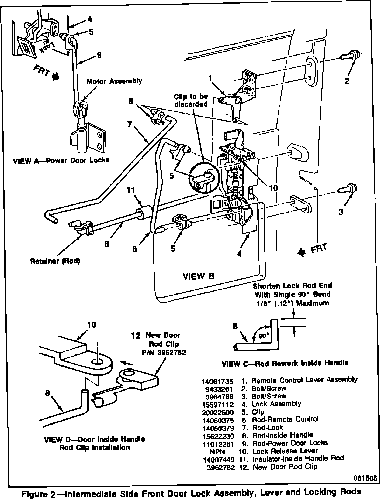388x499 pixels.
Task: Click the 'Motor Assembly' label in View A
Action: pyautogui.click(x=114, y=81)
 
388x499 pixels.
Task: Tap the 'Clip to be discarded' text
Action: pyautogui.click(x=191, y=100)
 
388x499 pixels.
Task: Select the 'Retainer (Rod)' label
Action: pyautogui.click(x=55, y=261)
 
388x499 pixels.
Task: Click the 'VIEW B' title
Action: pyautogui.click(x=199, y=276)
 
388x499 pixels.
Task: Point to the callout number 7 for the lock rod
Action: pyautogui.click(x=130, y=125)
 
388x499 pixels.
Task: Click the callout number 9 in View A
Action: pyautogui.click(x=99, y=55)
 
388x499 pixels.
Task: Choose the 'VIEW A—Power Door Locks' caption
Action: pyautogui.click(x=61, y=160)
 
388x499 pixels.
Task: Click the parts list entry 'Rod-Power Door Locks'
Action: pyautogui.click(x=290, y=443)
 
